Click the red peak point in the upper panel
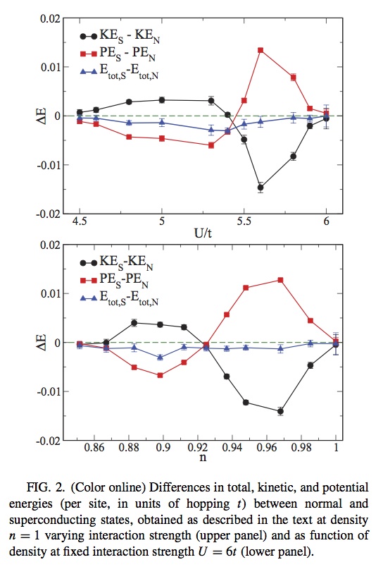click(x=260, y=50)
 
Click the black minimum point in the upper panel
click(x=260, y=188)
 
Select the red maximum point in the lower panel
click(x=280, y=280)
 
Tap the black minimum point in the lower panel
click(x=280, y=411)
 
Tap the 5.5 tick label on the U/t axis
click(x=244, y=221)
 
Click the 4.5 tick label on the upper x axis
click(x=80, y=221)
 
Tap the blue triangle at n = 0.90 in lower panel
click(x=161, y=358)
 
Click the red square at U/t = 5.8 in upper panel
click(x=293, y=77)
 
